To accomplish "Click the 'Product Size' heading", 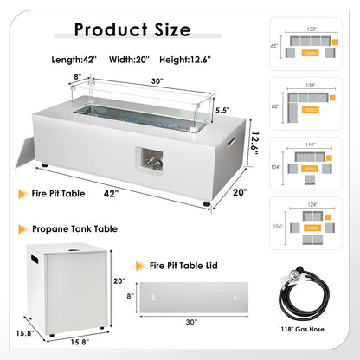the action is pos(132,29).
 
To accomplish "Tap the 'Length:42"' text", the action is pos(74,60).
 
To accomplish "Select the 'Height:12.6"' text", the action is pos(185,60).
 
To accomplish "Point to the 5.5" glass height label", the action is pos(222,110).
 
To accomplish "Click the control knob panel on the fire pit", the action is pos(150,160).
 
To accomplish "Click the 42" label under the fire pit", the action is pos(111,194).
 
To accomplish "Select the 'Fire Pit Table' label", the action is pos(58,194).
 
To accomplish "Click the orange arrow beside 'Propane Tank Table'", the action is pos(22,229).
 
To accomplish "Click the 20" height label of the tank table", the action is pos(119,280).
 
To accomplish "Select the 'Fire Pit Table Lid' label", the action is pos(183,266).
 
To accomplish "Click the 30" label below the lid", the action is pos(191,322).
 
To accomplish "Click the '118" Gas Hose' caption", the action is pos(303,329).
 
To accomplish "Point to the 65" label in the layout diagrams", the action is pos(274,46).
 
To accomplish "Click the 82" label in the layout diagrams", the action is pos(275,106).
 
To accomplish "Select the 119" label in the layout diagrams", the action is pos(310,145).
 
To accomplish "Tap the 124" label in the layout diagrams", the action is pos(312,204).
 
